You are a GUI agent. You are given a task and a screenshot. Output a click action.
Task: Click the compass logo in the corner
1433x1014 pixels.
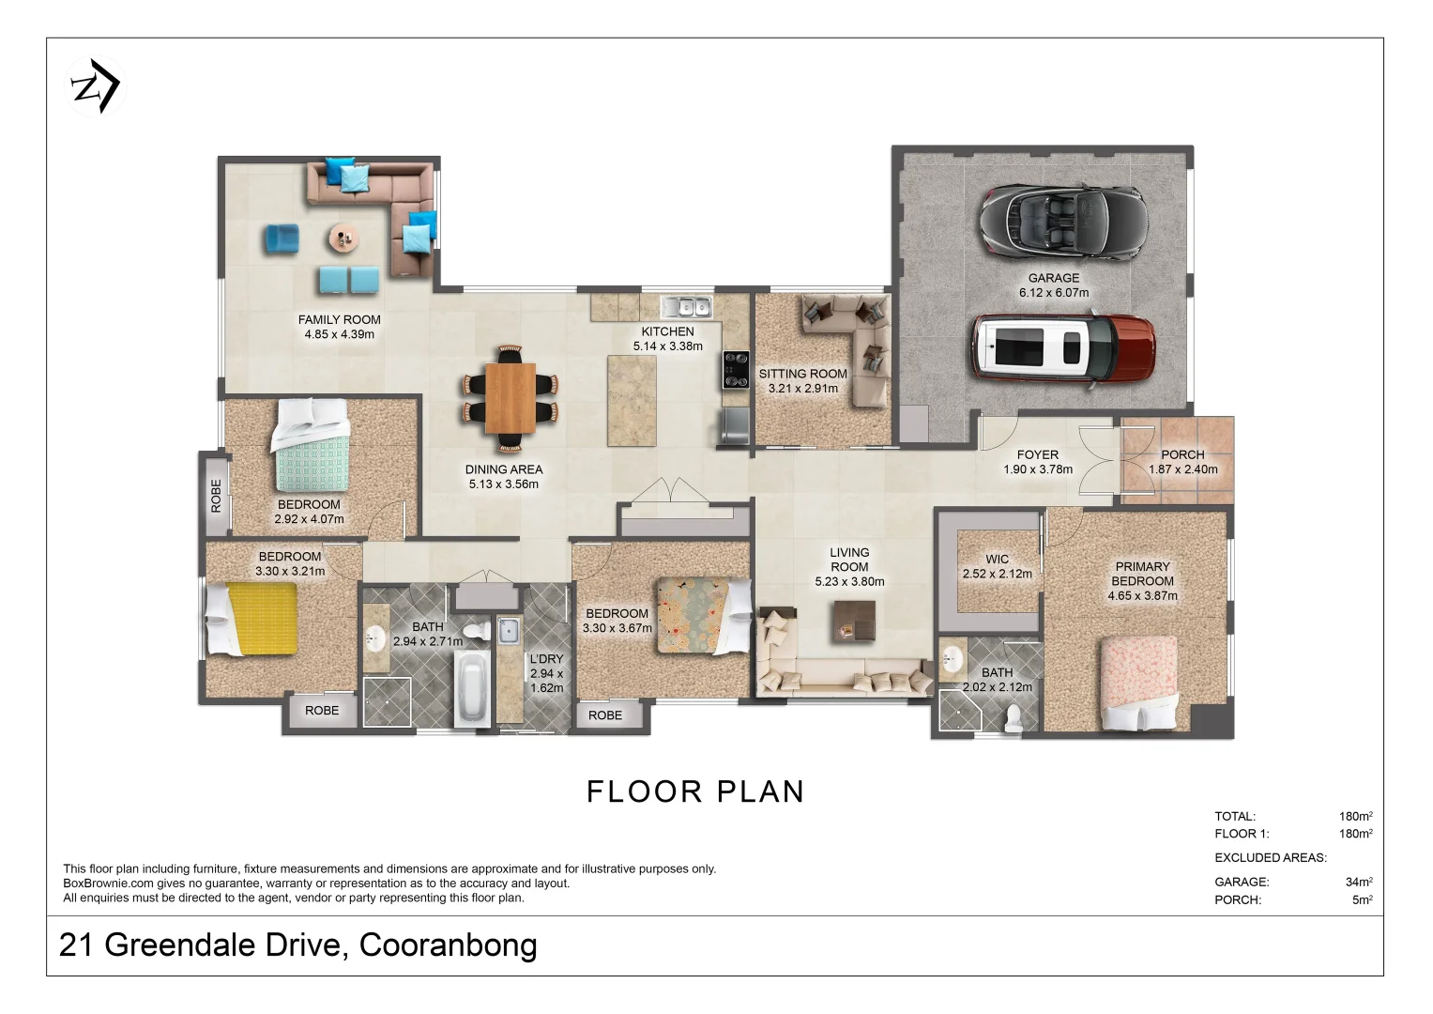point(96,86)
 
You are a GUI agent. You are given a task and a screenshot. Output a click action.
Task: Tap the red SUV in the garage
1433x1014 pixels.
point(1063,350)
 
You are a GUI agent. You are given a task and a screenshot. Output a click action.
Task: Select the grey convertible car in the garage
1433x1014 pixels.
point(1063,222)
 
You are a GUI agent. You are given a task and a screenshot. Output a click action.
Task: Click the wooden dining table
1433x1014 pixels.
point(510,397)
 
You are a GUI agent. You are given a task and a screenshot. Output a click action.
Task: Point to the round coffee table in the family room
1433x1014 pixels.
point(343,238)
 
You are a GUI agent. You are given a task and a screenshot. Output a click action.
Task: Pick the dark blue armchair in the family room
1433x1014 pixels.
point(282,238)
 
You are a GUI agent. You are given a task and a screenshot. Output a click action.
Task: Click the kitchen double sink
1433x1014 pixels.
point(685,307)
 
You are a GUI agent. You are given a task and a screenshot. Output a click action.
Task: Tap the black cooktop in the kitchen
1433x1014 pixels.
point(736,369)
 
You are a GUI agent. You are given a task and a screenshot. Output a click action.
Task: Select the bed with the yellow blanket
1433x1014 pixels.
point(252,619)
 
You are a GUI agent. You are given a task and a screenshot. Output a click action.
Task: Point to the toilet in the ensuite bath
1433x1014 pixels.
point(1014,717)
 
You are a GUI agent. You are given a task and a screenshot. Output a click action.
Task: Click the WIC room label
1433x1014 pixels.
point(997,559)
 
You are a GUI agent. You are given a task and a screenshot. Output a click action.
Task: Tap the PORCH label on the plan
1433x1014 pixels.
point(1182,454)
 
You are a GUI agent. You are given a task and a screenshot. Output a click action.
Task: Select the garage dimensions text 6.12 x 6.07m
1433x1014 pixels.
point(1054,293)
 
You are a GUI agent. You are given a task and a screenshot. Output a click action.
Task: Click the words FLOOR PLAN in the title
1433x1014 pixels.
point(695,791)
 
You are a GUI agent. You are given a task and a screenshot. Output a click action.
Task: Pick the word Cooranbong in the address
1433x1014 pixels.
point(448,945)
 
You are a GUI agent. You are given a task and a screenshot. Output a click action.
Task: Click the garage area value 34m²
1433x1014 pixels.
point(1359,882)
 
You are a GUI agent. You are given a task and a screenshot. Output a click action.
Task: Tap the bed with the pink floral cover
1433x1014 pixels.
point(1139,683)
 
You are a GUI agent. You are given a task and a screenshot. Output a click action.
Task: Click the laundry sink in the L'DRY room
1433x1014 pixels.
point(509,631)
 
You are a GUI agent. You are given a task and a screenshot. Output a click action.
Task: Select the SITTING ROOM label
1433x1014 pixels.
point(803,374)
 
